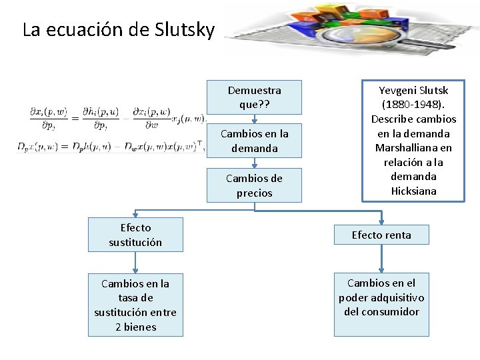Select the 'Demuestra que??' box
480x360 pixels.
(254, 97)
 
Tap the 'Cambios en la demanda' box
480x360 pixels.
(254, 141)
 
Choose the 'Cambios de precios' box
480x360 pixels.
(254, 185)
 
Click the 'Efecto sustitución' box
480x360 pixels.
(135, 235)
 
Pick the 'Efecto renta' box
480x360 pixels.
(381, 235)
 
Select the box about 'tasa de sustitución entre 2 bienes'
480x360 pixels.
(135, 305)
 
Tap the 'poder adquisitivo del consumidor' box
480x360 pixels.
(381, 297)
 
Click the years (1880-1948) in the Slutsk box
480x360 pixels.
(413, 105)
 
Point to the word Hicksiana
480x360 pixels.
(413, 191)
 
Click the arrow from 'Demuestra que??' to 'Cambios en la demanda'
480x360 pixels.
(254, 118)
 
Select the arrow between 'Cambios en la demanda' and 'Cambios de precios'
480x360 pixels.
(254, 163)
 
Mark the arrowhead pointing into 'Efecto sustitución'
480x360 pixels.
(136, 215)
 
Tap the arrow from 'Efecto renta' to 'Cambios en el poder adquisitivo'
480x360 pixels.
(381, 259)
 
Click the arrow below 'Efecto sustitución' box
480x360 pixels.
(135, 262)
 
